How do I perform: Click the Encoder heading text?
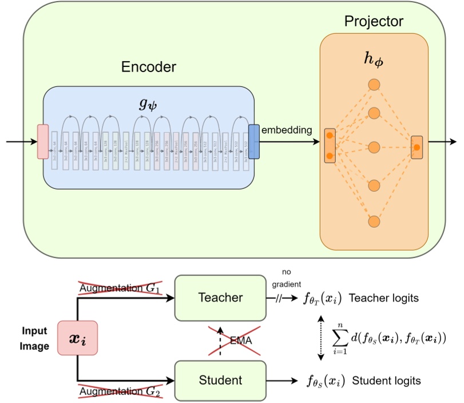149,67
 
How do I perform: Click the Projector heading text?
374,22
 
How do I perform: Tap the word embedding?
287,130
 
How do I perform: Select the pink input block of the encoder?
43,141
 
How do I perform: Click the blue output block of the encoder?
253,141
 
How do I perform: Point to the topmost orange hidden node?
374,85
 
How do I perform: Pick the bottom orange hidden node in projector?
374,221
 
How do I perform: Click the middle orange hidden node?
374,147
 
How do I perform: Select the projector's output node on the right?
417,147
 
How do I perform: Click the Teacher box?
220,298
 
